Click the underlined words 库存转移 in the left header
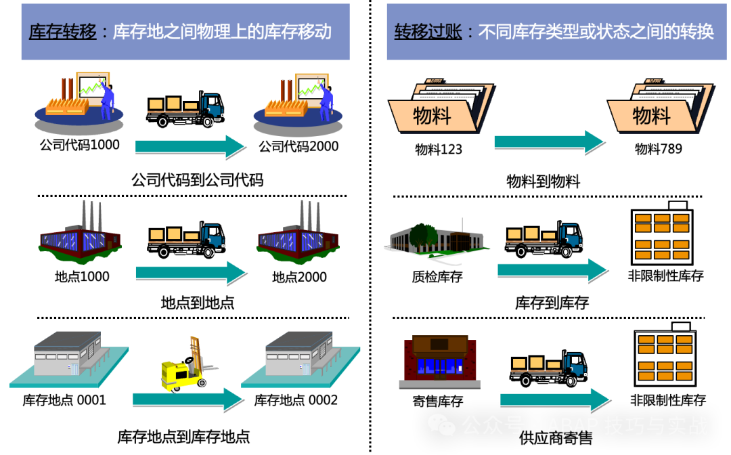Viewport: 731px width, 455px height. [x=63, y=32]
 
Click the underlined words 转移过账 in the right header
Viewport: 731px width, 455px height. [x=428, y=32]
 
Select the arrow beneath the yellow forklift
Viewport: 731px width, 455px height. [x=187, y=399]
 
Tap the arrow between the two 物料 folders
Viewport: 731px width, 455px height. [x=548, y=142]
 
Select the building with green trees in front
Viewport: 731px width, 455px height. [x=437, y=240]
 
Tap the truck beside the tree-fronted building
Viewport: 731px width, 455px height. [x=544, y=239]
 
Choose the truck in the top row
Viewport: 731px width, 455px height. [x=186, y=109]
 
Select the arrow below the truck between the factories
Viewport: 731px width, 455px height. [x=190, y=272]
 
